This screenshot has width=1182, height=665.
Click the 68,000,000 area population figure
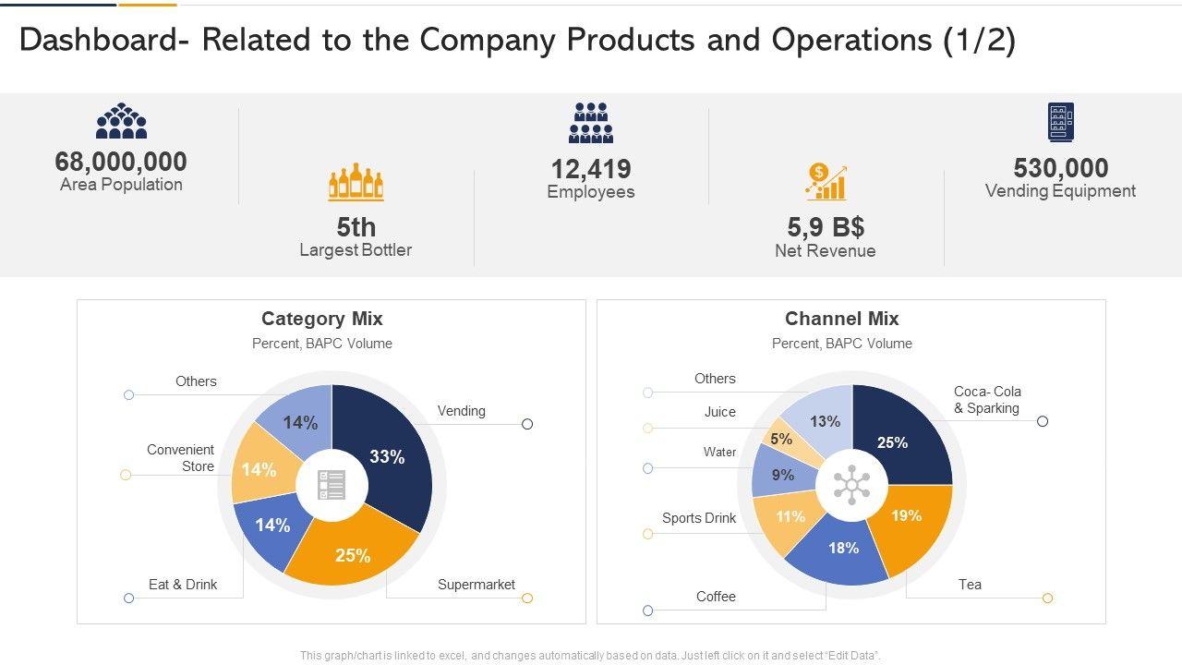[x=121, y=162]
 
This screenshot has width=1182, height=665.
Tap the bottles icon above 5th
[x=356, y=183]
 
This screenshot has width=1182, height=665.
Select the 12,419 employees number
[x=591, y=169]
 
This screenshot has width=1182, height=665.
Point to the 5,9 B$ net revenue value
[x=826, y=227]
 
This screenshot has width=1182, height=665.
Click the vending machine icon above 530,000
[x=1060, y=122]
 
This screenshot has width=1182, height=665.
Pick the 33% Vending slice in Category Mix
[x=388, y=455]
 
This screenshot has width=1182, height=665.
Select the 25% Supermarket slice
[x=353, y=554]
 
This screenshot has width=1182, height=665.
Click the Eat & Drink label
[x=183, y=585]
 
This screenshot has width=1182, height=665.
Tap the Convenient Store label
[x=180, y=458]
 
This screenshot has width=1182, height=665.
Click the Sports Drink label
[x=699, y=518]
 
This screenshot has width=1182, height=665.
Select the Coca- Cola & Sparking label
[x=987, y=400]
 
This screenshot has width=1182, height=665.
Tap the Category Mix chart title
[x=321, y=319]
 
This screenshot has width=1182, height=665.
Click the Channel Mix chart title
[x=841, y=319]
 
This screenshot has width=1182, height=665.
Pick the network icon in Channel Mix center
[x=851, y=486]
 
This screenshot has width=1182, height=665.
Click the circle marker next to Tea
[x=1047, y=598]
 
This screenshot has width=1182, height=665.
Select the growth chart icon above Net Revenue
[x=826, y=182]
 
